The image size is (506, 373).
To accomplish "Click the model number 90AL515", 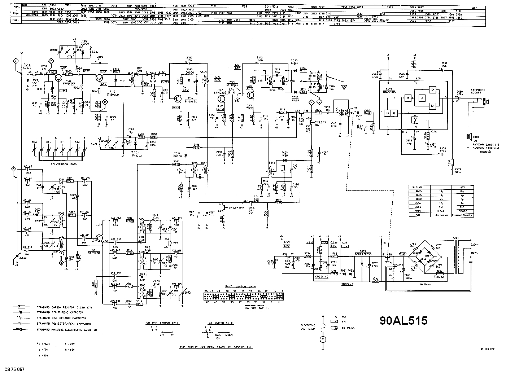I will pos(404,320).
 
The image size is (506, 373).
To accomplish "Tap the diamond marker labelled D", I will pos(105,102).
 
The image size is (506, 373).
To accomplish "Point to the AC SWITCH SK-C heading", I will pos(216,322).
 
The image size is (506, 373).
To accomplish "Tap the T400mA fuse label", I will pos(439,274).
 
